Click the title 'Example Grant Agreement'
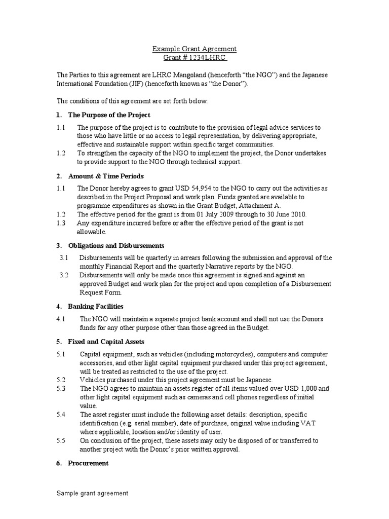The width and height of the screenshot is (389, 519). (x=194, y=49)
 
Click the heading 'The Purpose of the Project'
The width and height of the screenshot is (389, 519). (x=109, y=115)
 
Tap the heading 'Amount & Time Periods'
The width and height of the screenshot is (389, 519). (x=106, y=176)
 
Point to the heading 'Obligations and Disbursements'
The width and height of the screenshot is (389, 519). (x=116, y=246)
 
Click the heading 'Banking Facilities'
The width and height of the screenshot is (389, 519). (x=96, y=307)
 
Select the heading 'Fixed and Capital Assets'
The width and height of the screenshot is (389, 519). (x=106, y=342)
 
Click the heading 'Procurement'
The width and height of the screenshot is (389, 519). (x=88, y=463)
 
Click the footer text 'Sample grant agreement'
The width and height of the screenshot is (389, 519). (x=92, y=493)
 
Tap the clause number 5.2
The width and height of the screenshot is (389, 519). (x=61, y=380)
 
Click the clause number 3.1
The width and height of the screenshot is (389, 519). (x=63, y=258)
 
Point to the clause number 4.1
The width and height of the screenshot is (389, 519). (x=61, y=319)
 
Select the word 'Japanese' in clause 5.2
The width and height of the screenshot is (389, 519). (x=258, y=380)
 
